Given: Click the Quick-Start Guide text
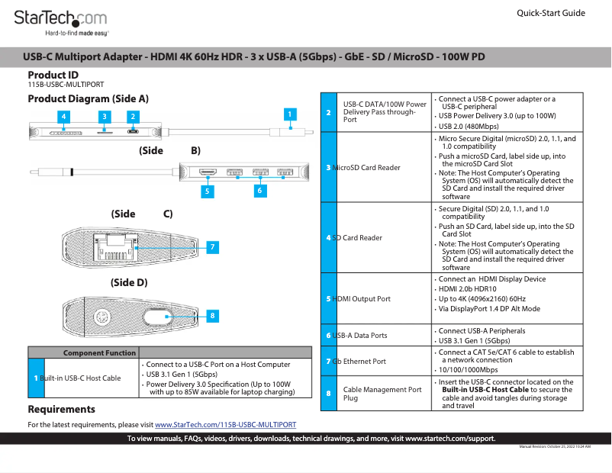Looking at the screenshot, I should point(551,13).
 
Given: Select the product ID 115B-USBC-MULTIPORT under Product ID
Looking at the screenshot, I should point(66,85).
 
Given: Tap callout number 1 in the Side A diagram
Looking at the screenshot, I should point(290,114).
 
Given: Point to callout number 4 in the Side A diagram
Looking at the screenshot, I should point(65,117).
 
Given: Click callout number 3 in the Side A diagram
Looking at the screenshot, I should point(104,117).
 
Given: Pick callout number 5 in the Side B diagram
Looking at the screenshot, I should point(206,192).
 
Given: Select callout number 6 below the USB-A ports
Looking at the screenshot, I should point(260,191).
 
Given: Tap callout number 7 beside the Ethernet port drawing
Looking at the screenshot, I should point(213,246).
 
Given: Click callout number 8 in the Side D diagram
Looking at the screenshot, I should point(213,315).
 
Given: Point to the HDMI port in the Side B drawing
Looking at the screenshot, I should point(207,173).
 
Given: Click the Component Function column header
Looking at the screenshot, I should point(99,352).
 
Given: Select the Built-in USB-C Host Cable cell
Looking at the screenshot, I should point(81,378).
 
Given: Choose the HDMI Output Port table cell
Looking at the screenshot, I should point(363,298).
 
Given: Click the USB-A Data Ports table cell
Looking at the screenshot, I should point(361,336).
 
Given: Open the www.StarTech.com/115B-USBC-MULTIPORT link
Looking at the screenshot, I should point(225,424).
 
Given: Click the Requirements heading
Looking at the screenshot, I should point(61,410).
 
